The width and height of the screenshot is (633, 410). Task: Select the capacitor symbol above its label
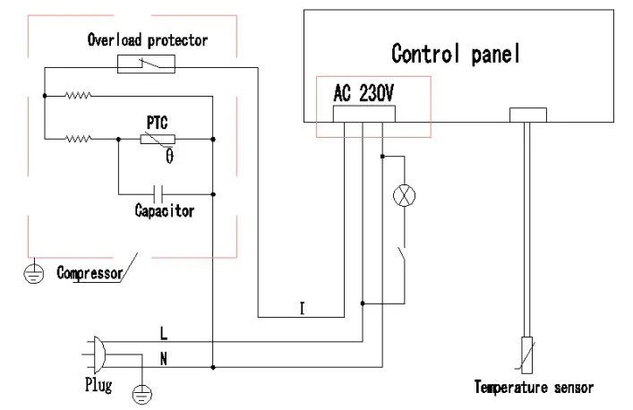(x=158, y=192)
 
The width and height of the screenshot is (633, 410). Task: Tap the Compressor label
(x=90, y=272)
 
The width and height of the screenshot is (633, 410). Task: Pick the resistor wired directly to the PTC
(x=78, y=139)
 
